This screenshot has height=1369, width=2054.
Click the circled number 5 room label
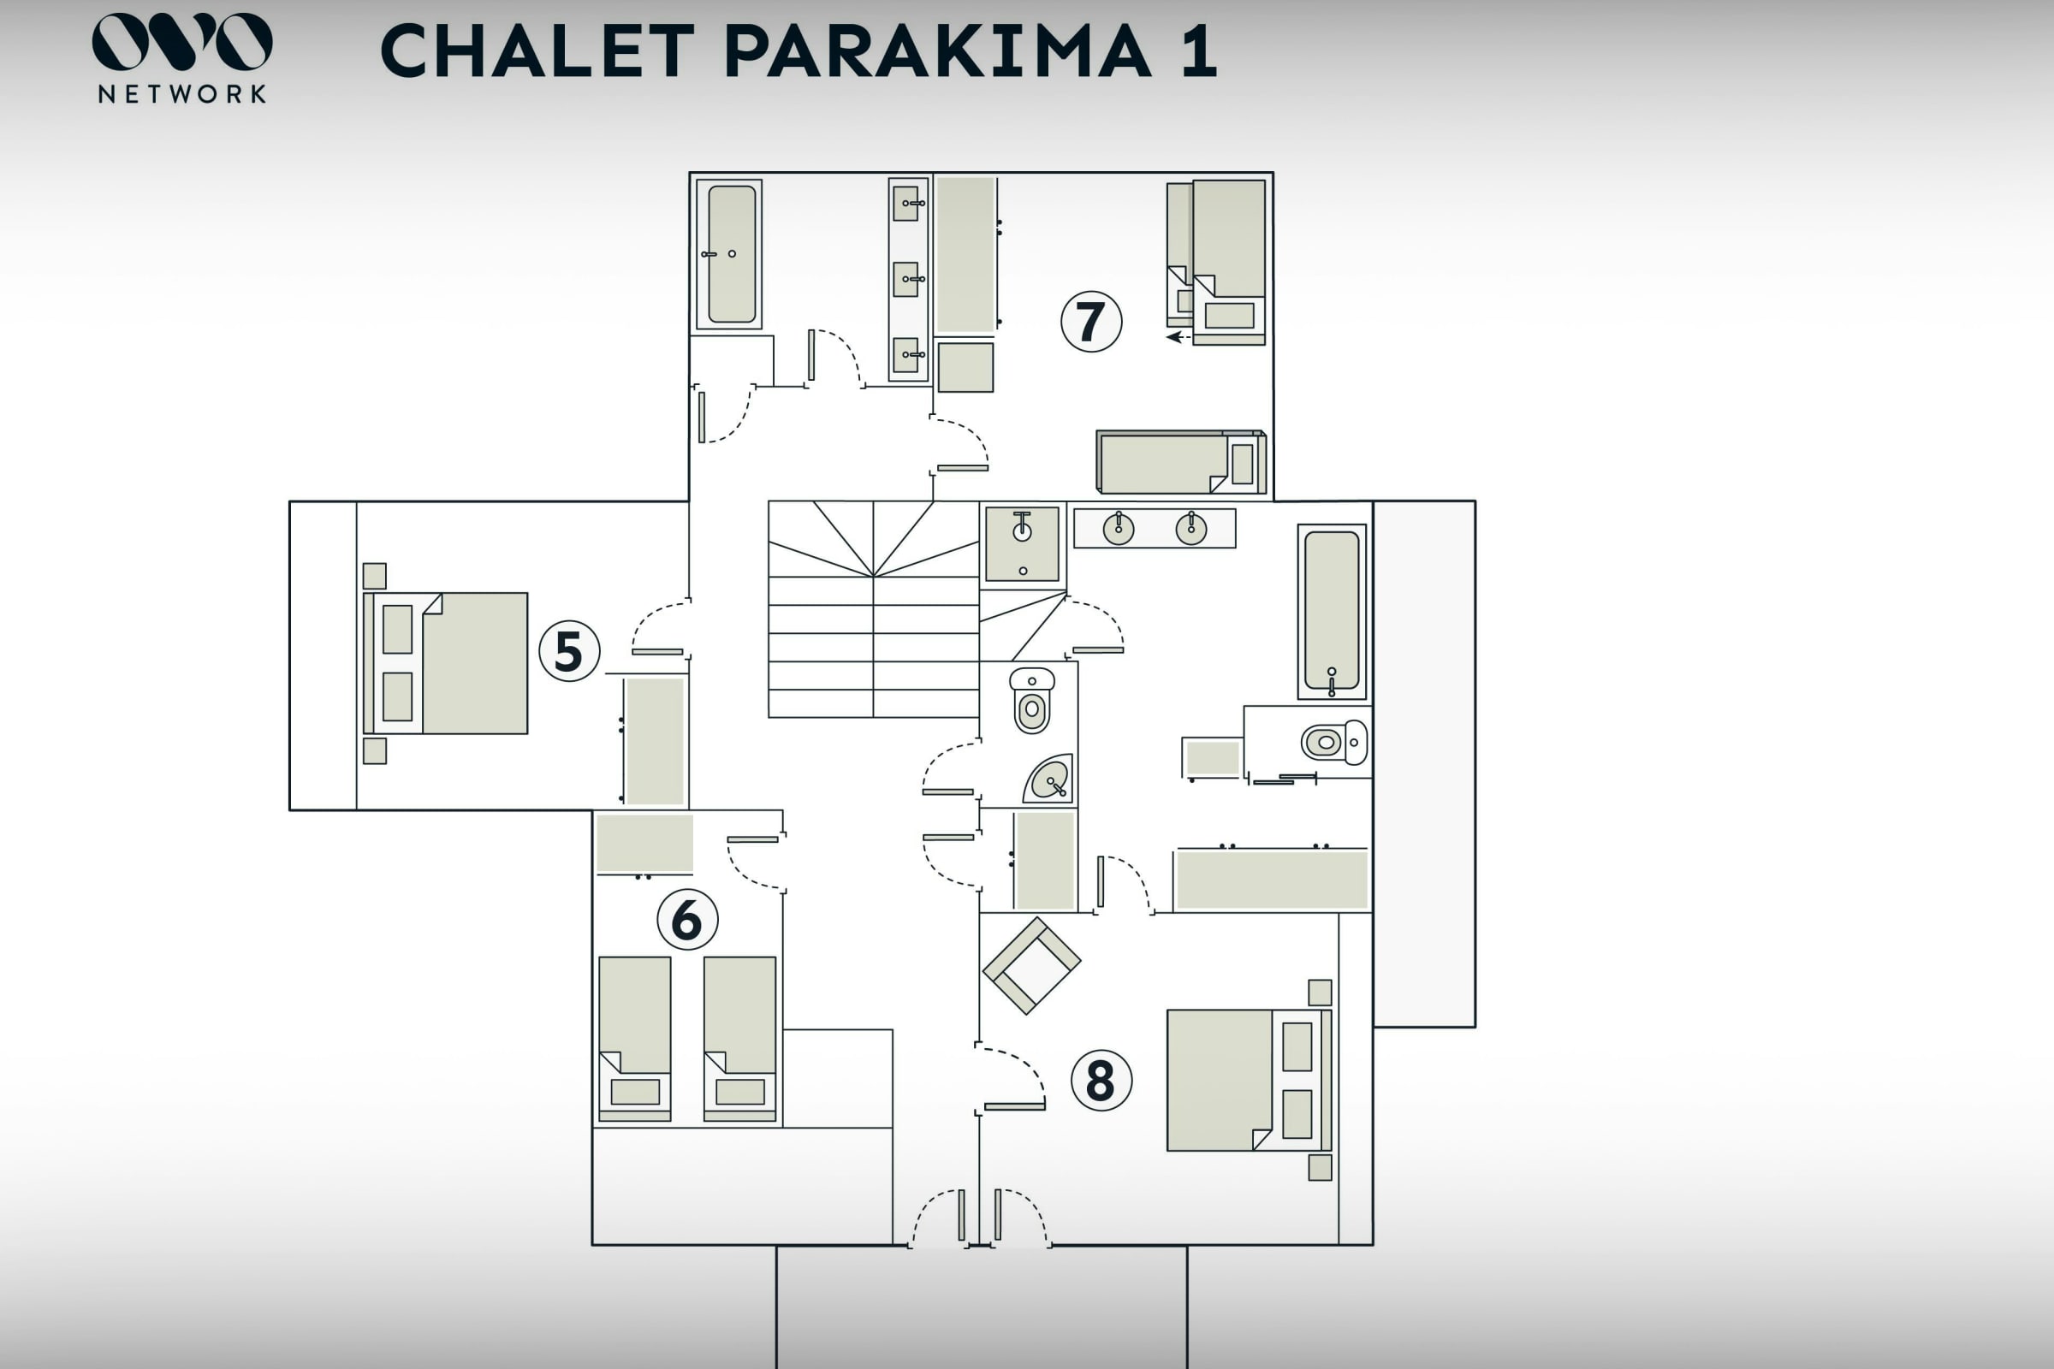[568, 651]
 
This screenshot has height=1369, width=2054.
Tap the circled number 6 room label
[687, 919]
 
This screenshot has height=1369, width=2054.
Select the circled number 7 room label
[1090, 322]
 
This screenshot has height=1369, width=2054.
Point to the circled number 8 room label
[1101, 1080]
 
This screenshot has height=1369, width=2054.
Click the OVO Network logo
[181, 57]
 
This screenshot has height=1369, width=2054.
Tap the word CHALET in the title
[537, 50]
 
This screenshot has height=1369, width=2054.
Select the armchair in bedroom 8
[1031, 965]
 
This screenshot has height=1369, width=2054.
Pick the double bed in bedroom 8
[1248, 1080]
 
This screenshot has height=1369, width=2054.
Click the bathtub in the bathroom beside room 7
[730, 254]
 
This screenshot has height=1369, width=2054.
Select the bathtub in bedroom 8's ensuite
[1331, 611]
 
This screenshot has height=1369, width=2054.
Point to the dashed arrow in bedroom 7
[1178, 337]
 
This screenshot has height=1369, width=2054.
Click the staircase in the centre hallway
[872, 609]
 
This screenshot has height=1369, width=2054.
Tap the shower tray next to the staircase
[1022, 544]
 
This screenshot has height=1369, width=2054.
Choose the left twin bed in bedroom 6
[635, 1038]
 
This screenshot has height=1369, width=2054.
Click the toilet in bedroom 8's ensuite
[1333, 742]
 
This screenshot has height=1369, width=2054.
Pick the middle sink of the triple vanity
[907, 280]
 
